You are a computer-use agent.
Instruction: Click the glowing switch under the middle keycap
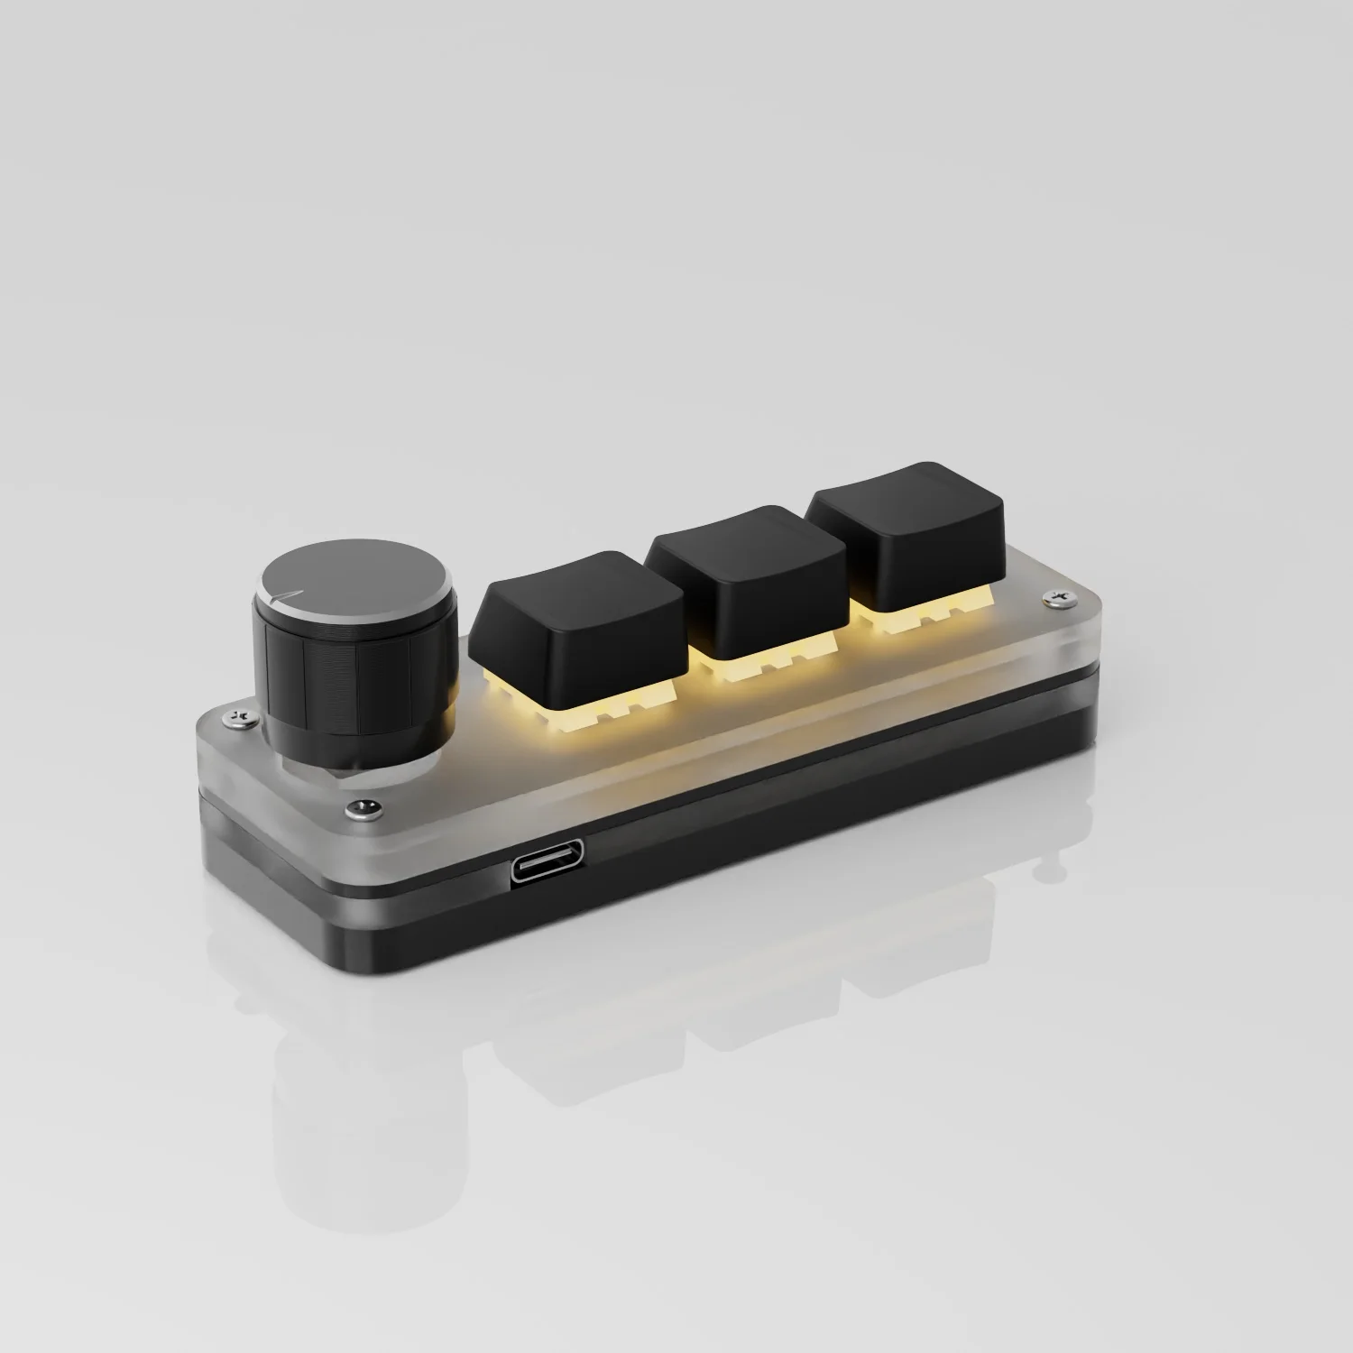pyautogui.click(x=753, y=667)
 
